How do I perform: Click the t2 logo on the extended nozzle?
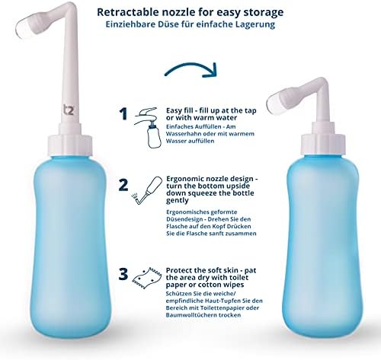(69, 110)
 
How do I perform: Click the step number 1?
(123, 114)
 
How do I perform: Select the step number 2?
(123, 185)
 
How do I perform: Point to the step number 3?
(123, 275)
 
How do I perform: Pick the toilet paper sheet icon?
(147, 278)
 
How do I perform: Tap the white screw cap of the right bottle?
(323, 145)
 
